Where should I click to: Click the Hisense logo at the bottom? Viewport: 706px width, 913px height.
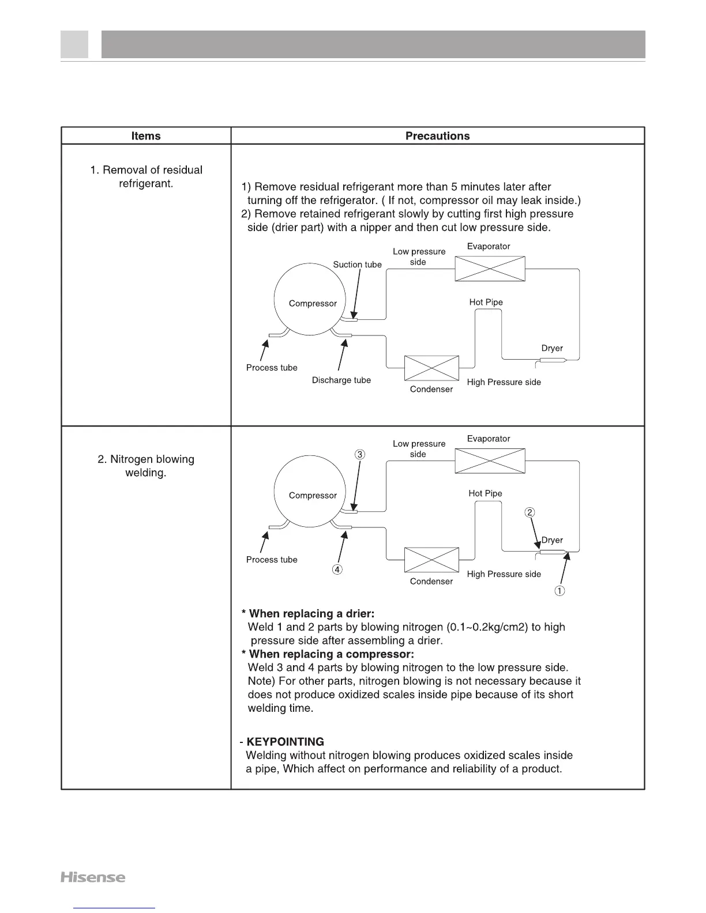[93, 877]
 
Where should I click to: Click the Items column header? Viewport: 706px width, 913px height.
[146, 136]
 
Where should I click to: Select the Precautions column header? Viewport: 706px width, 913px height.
[437, 136]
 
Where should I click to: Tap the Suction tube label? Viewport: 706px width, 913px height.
[357, 265]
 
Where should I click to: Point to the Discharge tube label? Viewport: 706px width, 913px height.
[341, 380]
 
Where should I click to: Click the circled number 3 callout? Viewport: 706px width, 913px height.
[360, 454]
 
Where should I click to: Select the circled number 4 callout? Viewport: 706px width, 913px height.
[337, 569]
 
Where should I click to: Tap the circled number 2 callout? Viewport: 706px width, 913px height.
[530, 512]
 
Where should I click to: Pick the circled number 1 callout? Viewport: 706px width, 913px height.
[559, 591]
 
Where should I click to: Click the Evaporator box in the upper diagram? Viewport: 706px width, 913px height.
[490, 269]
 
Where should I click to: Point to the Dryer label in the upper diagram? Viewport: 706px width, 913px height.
[552, 348]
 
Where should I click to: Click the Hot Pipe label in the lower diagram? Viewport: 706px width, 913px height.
[485, 493]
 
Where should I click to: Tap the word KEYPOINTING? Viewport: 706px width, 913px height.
[285, 742]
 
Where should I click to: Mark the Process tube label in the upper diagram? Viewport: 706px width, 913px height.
[272, 368]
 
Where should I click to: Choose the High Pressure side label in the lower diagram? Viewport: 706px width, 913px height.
[504, 574]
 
